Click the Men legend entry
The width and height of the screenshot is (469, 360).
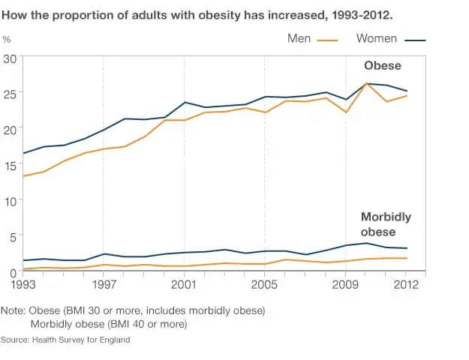(x=313, y=38)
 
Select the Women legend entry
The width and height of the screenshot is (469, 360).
(x=391, y=38)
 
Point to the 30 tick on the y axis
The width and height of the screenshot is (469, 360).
(x=11, y=59)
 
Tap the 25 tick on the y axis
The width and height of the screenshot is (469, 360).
(x=11, y=94)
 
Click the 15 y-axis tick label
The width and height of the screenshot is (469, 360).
(x=11, y=166)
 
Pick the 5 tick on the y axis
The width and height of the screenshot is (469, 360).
(x=14, y=238)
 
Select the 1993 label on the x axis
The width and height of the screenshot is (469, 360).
(x=23, y=284)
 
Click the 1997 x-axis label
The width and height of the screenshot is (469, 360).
(x=104, y=284)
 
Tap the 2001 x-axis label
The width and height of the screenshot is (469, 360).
(x=184, y=284)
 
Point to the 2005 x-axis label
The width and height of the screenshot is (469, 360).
(x=264, y=284)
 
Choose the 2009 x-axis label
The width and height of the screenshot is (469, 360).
(x=345, y=284)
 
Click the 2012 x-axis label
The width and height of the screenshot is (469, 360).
(x=406, y=284)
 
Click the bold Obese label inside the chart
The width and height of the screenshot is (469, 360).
(x=383, y=65)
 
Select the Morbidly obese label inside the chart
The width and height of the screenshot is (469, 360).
(x=386, y=224)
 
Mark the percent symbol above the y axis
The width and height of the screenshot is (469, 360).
(x=7, y=40)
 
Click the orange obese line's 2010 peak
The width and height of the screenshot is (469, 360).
(x=365, y=83)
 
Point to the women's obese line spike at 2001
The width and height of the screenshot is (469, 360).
(x=185, y=102)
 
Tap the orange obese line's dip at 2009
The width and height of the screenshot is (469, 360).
(x=346, y=112)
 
